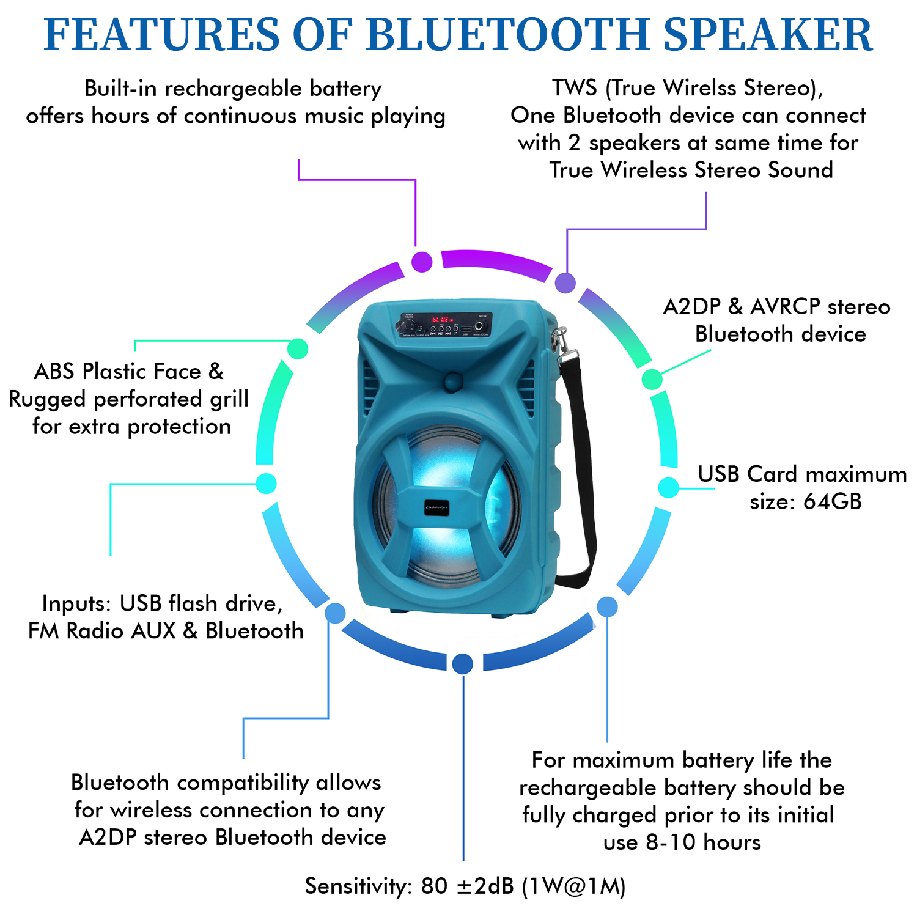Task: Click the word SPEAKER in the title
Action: (x=768, y=34)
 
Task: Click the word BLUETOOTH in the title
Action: (x=507, y=34)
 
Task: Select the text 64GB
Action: (x=832, y=501)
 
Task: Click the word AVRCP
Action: (x=784, y=306)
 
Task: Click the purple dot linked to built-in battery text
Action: (x=422, y=262)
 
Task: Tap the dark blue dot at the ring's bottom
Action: (x=463, y=663)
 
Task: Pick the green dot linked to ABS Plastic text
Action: (x=297, y=349)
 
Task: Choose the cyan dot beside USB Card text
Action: (x=669, y=487)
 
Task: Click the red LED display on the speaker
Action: (x=442, y=320)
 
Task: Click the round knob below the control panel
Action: (x=452, y=381)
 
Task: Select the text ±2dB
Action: (x=485, y=886)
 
